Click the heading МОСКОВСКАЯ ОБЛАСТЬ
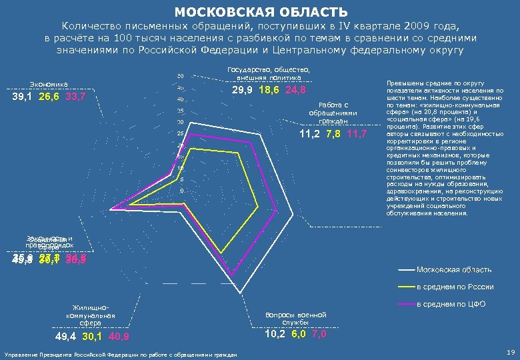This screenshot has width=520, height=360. pyautogui.click(x=261, y=13)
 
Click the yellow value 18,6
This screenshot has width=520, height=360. pyautogui.click(x=269, y=91)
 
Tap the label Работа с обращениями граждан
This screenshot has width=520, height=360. pyautogui.click(x=333, y=113)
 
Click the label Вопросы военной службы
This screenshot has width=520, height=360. pyautogui.click(x=295, y=318)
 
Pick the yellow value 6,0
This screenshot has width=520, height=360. pyautogui.click(x=297, y=334)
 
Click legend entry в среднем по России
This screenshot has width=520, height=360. pyautogui.click(x=455, y=287)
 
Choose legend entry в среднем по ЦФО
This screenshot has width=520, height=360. pyautogui.click(x=451, y=304)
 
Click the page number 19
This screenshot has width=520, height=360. pyautogui.click(x=511, y=351)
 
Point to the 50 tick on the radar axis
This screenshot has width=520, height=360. pyautogui.click(x=181, y=76)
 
